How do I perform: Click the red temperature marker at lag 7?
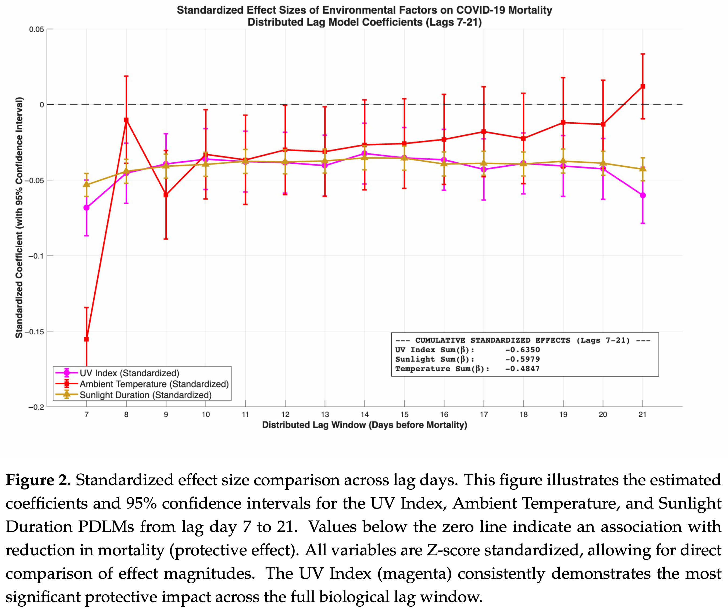point(87,339)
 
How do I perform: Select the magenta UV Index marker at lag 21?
point(643,195)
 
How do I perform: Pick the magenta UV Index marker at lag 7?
point(87,208)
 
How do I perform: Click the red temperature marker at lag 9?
point(166,195)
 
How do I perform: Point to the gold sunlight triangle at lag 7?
point(87,184)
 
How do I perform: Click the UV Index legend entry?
point(129,373)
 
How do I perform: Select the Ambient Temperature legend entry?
point(154,384)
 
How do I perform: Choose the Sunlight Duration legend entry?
point(145,395)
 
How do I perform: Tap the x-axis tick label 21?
point(642,414)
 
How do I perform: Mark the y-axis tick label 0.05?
point(37,29)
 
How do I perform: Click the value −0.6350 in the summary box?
point(522,350)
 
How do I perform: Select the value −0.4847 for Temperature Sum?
point(522,369)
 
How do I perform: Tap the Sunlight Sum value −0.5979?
point(522,359)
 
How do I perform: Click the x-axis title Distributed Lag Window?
point(364,425)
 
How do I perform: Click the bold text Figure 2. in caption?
point(38,480)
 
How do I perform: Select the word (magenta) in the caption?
point(415,574)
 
